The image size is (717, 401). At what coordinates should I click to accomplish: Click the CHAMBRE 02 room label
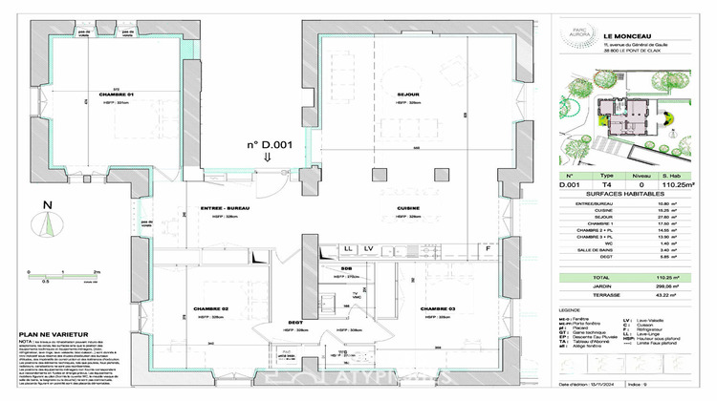(x=211, y=310)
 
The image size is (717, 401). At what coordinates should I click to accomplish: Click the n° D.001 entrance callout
(x=268, y=144)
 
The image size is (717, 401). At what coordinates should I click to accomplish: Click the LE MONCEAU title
(x=621, y=37)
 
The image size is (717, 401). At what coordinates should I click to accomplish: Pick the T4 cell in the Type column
(x=606, y=184)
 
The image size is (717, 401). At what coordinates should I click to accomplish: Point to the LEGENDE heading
(x=570, y=310)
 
